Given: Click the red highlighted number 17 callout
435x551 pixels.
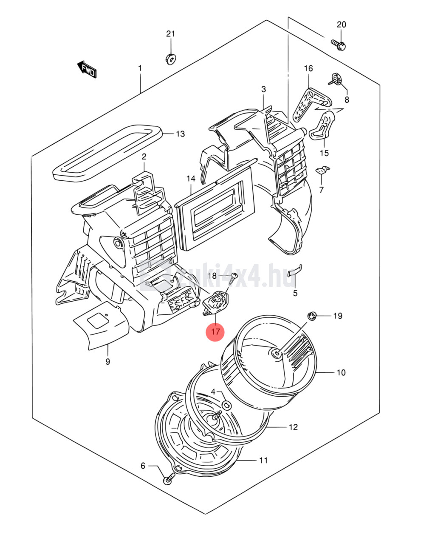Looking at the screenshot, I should coord(215,331).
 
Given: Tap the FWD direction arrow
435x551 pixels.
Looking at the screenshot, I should coord(86,69).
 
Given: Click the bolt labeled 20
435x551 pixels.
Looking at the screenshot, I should coord(339,44).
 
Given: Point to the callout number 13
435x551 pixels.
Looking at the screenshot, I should coord(180,134).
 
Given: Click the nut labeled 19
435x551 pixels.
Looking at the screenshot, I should coord(311,316).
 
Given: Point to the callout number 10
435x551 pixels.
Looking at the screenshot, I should coord(341,373).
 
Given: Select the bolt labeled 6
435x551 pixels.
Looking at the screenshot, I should coord(168,480).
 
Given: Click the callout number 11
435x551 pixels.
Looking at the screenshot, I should coord(263,460).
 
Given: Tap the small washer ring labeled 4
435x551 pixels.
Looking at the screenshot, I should coord(226,404).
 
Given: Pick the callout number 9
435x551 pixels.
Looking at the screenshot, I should coord(107,362).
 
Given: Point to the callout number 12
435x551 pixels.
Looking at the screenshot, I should coord(293,427).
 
